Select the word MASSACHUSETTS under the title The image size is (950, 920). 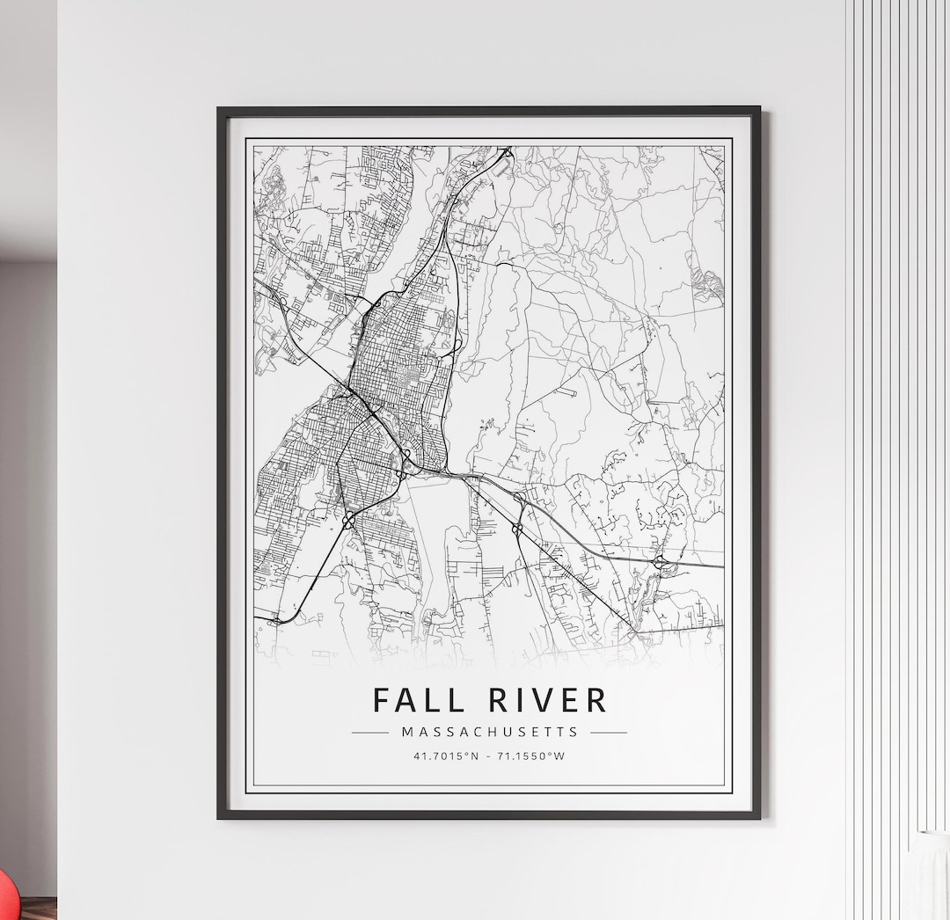(489, 732)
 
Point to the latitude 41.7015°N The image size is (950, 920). (446, 756)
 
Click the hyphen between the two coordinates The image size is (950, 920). (489, 756)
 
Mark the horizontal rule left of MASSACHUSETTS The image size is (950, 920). (369, 732)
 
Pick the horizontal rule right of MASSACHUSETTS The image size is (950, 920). (609, 732)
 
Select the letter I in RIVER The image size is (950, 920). (517, 700)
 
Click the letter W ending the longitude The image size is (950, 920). (559, 756)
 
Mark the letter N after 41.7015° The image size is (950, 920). (474, 756)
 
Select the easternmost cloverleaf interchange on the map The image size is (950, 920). (659, 560)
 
